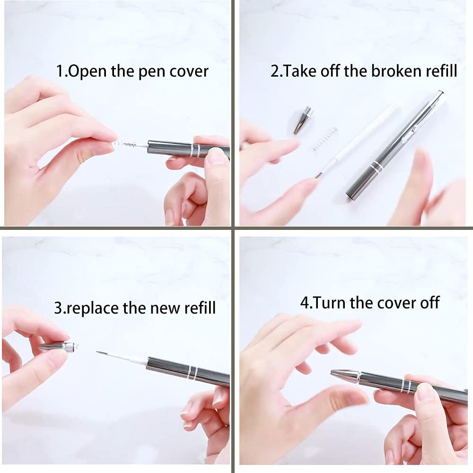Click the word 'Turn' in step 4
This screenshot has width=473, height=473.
(x=330, y=302)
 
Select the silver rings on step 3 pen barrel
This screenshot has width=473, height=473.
(x=192, y=372)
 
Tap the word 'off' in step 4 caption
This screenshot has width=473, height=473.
(x=428, y=302)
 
